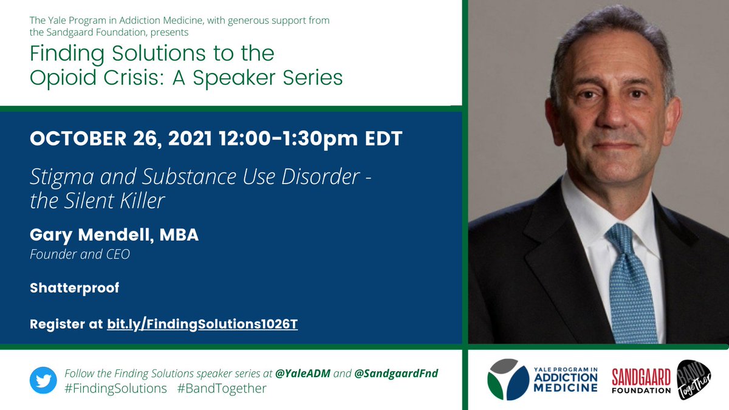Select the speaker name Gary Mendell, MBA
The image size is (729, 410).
coord(114,236)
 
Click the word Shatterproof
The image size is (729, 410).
coord(74,288)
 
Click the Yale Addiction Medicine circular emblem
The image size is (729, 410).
coord(508,380)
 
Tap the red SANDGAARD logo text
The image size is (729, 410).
coord(641,377)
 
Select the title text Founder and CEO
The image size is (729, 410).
coord(80,255)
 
